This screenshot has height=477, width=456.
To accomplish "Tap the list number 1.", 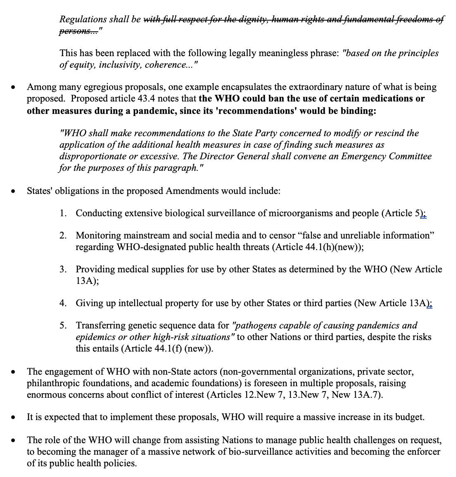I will (63, 213).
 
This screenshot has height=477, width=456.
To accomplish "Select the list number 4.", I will (63, 303).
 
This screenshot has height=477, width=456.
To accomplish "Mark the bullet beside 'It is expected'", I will (14, 418).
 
